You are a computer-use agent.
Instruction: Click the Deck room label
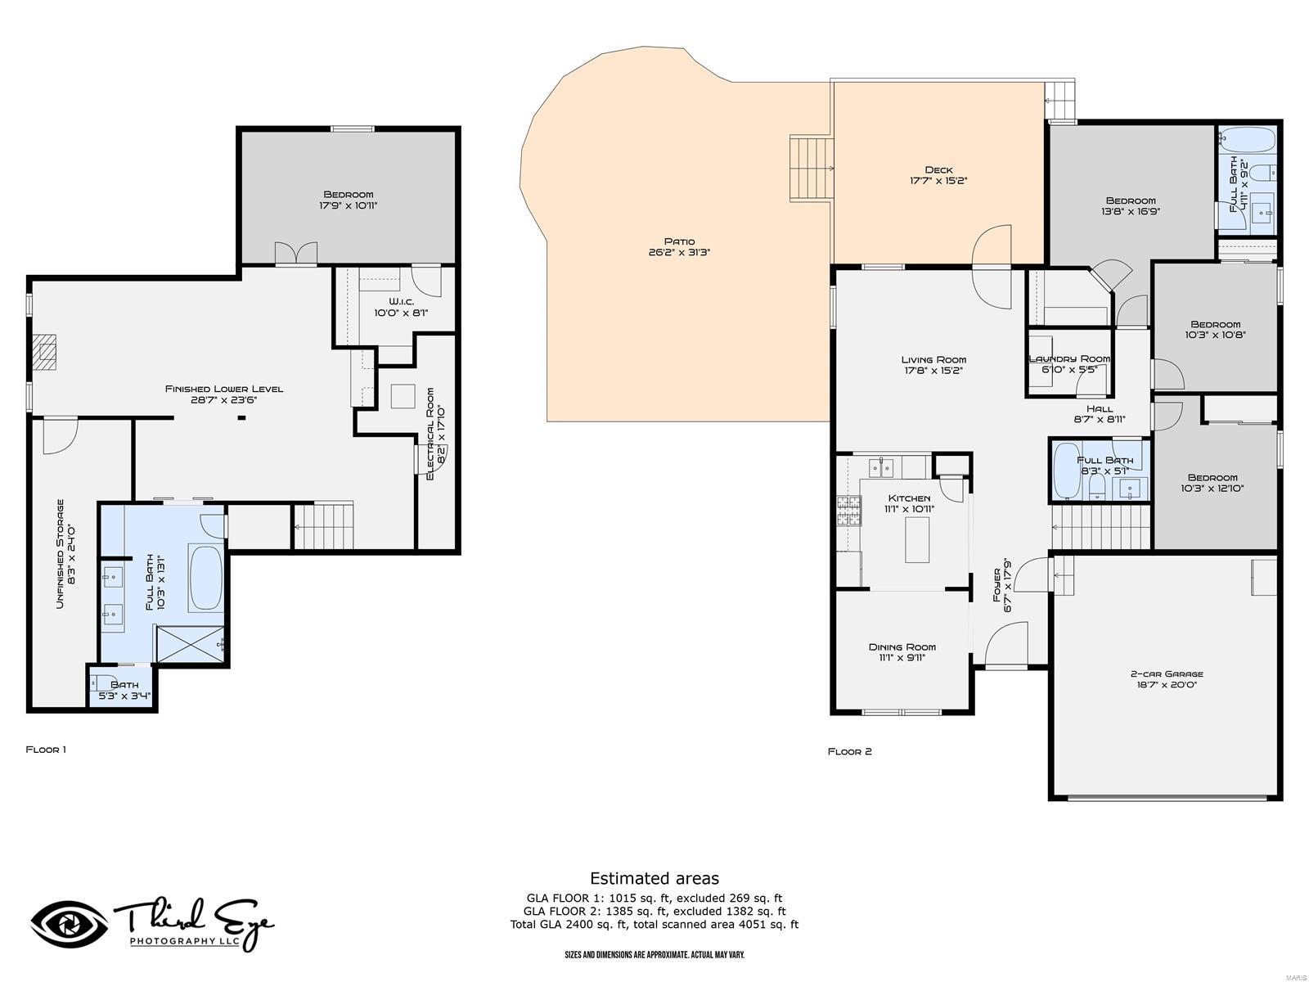pos(938,170)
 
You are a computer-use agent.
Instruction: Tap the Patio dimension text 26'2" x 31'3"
pos(679,252)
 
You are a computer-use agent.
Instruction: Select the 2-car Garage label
pos(1167,673)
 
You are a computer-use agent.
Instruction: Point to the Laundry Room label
pos(1069,359)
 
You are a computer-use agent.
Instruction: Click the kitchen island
pos(917,539)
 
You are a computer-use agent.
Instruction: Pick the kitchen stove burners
pos(849,511)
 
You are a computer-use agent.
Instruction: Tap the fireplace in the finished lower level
pos(44,352)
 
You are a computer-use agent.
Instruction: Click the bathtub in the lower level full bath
pos(205,578)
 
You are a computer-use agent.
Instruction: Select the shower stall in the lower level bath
pos(191,644)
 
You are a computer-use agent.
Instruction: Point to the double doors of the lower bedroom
pos(296,253)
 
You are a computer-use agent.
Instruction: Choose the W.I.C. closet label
pos(402,302)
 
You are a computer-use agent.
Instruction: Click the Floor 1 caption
pos(46,750)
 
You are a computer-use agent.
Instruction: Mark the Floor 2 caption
pos(849,751)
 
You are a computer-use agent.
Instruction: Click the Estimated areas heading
pos(654,878)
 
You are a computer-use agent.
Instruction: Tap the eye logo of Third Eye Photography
pos(70,925)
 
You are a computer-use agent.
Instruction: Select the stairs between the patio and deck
pos(811,168)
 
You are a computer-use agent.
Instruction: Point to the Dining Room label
pos(902,647)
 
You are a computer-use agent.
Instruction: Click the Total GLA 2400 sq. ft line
pos(654,925)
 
